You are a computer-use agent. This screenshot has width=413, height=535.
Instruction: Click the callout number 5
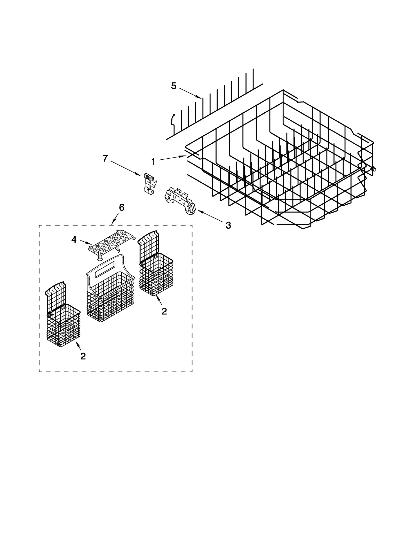click(x=173, y=86)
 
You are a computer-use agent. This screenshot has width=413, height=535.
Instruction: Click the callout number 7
click(x=105, y=158)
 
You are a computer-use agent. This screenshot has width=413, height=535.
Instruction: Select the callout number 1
click(x=153, y=162)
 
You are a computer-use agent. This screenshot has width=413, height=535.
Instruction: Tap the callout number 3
click(x=228, y=225)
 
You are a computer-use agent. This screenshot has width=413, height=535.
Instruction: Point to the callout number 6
click(x=122, y=207)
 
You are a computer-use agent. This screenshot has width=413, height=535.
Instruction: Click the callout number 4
click(x=74, y=240)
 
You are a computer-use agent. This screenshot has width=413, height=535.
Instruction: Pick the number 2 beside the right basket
click(x=164, y=311)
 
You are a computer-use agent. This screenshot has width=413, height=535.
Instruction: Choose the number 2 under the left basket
click(x=83, y=356)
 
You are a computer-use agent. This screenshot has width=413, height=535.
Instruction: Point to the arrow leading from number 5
click(x=190, y=93)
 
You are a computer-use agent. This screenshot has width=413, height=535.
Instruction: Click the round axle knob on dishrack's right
click(x=374, y=169)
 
